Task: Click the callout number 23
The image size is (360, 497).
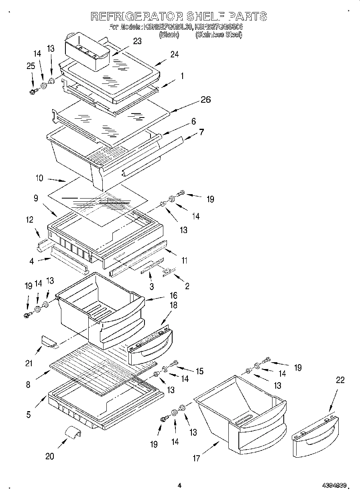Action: point(138,41)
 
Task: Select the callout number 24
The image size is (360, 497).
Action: point(174,55)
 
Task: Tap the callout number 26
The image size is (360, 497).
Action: point(205,100)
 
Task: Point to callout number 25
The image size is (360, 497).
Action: point(31,66)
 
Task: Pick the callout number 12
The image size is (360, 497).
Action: point(29,220)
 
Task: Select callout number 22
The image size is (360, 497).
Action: point(340,380)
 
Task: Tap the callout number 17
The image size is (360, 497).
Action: point(196,458)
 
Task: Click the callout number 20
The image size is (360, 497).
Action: point(50,456)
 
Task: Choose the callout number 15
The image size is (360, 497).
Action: point(199,371)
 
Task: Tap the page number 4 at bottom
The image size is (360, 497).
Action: point(179,485)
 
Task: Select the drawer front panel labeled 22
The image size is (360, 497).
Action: point(315,437)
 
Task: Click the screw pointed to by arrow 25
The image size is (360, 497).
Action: point(33,91)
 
